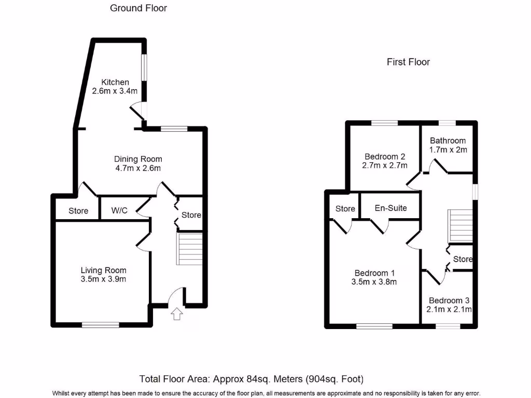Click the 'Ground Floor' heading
coord(138,8)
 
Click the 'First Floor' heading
coord(408,62)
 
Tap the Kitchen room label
coord(115,82)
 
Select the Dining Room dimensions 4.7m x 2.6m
coord(138,168)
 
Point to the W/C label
coord(120,211)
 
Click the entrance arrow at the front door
coord(177,314)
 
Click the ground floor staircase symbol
coord(190,249)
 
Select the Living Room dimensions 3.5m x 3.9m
coord(103,279)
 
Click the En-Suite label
coord(391,208)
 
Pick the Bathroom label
coord(448,140)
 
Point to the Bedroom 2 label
coord(384,157)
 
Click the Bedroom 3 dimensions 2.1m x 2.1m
coord(450,310)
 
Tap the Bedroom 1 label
coord(375,273)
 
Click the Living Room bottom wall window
coord(100,325)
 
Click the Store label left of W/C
coord(78,211)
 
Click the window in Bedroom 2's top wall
coord(384,123)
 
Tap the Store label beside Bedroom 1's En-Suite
coord(345,209)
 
